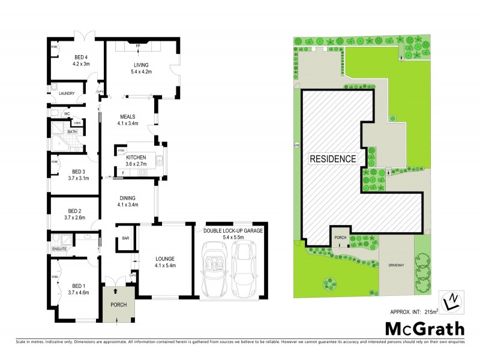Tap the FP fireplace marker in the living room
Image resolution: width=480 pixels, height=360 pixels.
tap(137, 46)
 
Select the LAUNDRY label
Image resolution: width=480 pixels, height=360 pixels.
tap(67, 93)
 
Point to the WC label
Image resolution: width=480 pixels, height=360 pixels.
tap(67, 113)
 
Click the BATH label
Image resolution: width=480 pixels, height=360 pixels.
tap(72, 131)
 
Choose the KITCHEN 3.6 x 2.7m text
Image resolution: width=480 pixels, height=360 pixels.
tap(136, 160)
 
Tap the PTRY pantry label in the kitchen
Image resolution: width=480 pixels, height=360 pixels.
tap(121, 150)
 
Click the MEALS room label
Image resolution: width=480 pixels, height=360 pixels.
tap(127, 117)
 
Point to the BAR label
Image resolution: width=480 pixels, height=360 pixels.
tap(126, 238)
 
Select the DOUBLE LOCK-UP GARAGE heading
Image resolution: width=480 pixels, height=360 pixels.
tap(233, 230)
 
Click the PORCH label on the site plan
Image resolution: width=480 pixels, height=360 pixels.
tap(340, 237)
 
